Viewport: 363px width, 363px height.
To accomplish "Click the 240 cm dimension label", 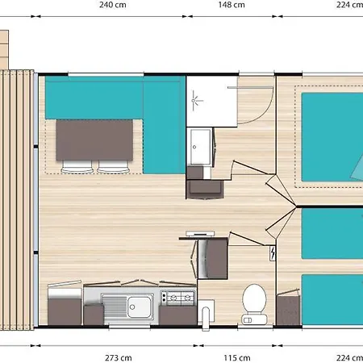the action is (x=113, y=5).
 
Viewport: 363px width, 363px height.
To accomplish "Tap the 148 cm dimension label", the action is (x=232, y=5).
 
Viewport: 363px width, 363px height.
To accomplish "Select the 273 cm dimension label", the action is (x=119, y=358).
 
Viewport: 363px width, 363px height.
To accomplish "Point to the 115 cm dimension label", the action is (x=237, y=358).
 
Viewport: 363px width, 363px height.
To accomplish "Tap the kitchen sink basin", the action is (x=139, y=307).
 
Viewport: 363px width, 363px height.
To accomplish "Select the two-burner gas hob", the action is (x=177, y=298).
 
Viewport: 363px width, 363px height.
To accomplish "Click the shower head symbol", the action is (x=196, y=101).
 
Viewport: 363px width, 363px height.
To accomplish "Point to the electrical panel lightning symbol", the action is (x=273, y=253).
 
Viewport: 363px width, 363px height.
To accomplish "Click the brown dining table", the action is (x=94, y=140).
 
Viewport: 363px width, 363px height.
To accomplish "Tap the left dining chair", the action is (x=77, y=167).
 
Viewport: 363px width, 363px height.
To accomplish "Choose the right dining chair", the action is (x=113, y=167).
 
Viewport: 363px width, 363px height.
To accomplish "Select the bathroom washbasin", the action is (x=201, y=147).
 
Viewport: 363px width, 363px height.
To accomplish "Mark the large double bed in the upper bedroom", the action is (x=332, y=137).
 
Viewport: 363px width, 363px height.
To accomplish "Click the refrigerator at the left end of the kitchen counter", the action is (x=65, y=303).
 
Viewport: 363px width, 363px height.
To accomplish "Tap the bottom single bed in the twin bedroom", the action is (x=332, y=299).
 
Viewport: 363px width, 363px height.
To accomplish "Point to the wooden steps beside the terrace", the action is (x=4, y=50).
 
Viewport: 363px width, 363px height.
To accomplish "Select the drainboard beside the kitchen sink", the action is (x=114, y=307).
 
